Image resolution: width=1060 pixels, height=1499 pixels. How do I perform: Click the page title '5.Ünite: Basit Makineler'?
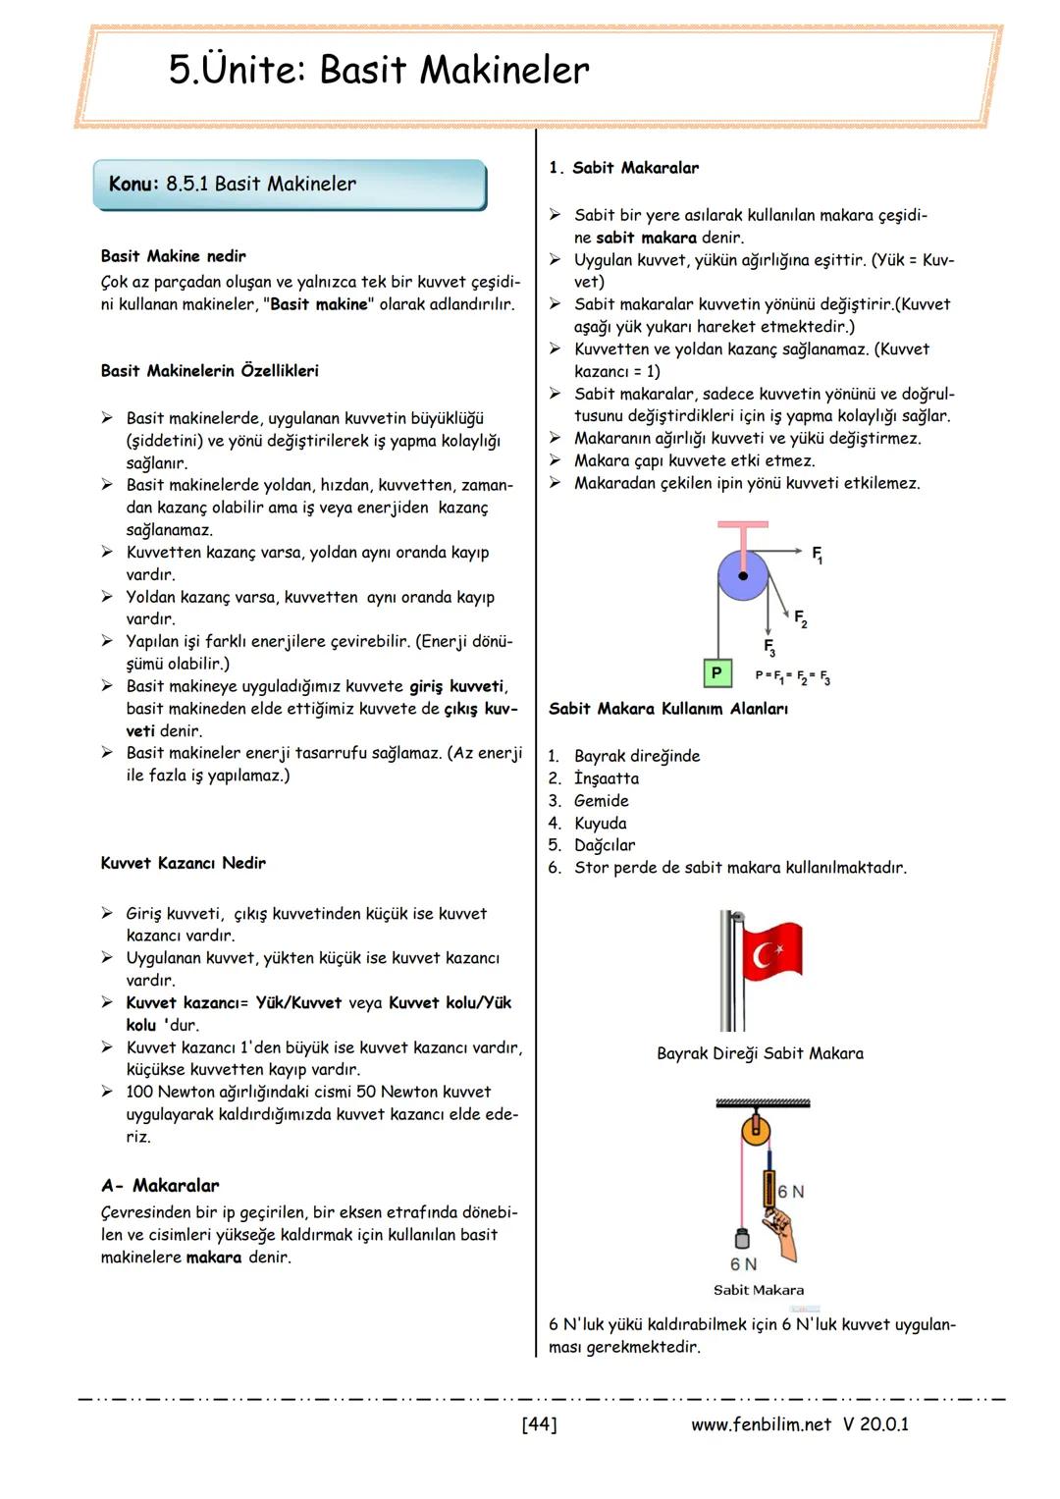coord(379,71)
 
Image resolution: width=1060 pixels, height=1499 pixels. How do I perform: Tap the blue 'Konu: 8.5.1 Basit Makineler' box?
coord(290,185)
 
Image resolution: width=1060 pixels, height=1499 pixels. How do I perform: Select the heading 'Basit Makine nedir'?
coord(173,256)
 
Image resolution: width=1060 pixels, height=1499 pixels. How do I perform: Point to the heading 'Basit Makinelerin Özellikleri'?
coord(209,371)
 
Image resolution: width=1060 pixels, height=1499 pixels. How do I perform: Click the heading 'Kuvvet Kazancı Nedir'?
coord(183,863)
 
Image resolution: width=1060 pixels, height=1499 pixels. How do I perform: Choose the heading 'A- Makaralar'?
coord(160,1185)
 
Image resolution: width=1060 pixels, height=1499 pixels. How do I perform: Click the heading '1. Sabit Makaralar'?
coord(624,168)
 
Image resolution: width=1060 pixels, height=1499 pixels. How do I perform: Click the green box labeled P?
coord(716,672)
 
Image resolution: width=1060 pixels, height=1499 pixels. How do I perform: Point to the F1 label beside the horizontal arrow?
coord(817,555)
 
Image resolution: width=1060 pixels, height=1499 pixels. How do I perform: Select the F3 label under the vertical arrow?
coord(769,647)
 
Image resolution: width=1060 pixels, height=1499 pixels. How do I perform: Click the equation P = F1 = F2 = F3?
coord(792,676)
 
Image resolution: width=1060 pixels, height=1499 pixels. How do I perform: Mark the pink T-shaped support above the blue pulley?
coord(743,534)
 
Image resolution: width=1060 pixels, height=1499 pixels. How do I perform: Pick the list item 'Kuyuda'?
coord(600,823)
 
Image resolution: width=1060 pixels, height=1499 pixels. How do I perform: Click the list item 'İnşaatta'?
coord(606,778)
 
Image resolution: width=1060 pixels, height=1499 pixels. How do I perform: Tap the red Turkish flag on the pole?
coord(771,951)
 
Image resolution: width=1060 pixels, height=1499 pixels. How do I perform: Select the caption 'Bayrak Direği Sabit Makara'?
coord(760,1053)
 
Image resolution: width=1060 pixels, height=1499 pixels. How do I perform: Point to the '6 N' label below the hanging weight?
coord(743,1264)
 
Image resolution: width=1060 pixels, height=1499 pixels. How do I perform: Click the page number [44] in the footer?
coord(539,1423)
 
